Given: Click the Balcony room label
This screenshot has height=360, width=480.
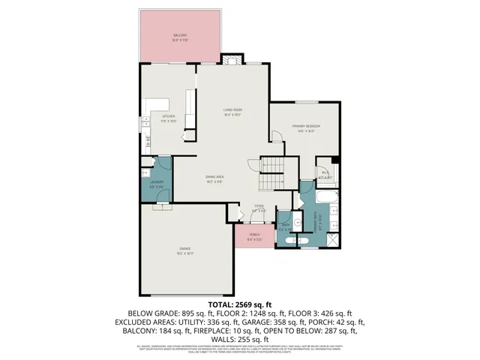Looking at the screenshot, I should [x=180, y=37].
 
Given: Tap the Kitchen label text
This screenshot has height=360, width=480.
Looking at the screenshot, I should [x=169, y=118].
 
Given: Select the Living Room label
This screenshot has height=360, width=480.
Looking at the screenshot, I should [x=232, y=112].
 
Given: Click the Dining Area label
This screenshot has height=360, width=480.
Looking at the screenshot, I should [x=215, y=178].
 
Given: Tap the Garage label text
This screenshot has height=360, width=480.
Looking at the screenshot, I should [x=184, y=250].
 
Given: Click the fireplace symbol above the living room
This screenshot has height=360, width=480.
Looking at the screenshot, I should [x=231, y=60].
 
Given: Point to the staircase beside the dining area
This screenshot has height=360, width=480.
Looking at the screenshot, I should [x=271, y=174].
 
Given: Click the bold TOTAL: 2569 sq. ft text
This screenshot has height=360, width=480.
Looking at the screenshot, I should [x=240, y=304].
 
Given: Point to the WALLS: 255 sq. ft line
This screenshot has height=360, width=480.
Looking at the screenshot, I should [x=240, y=339].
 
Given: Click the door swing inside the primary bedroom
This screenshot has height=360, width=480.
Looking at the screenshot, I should [x=276, y=136].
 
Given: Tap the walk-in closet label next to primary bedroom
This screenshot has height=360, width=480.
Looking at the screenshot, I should [x=325, y=173].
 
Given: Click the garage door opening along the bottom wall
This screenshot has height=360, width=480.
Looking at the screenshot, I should [x=184, y=294].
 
